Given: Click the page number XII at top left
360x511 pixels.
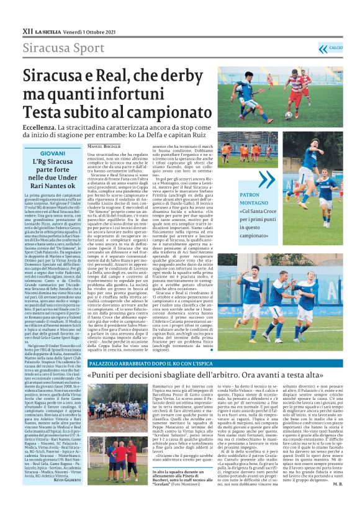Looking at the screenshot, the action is coord(27,30).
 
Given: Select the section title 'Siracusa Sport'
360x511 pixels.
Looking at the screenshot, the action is coord(55,48).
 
